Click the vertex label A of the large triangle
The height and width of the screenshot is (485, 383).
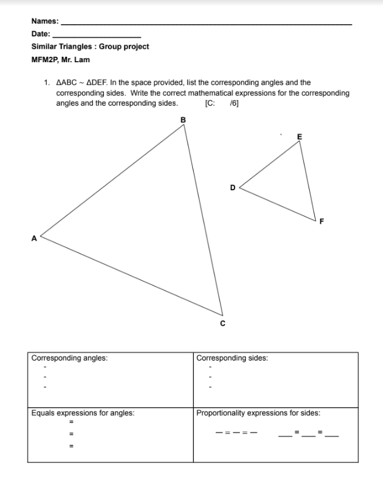(x=33, y=238)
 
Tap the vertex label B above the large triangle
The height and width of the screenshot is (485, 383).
(x=183, y=120)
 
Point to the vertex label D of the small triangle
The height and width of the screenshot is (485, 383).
(x=232, y=188)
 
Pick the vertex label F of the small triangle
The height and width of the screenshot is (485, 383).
(x=321, y=221)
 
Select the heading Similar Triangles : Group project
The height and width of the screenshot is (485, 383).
(x=90, y=46)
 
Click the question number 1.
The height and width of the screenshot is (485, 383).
(x=47, y=83)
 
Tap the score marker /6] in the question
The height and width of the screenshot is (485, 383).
(x=235, y=103)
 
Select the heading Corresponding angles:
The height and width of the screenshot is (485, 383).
(x=69, y=357)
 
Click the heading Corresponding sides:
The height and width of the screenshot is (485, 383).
(x=232, y=357)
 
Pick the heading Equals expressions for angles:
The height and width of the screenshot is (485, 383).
(x=83, y=413)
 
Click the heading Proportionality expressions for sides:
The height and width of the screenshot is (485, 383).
(x=258, y=413)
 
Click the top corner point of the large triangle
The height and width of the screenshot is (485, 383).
(x=185, y=126)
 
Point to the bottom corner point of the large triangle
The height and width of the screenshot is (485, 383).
(x=223, y=315)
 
